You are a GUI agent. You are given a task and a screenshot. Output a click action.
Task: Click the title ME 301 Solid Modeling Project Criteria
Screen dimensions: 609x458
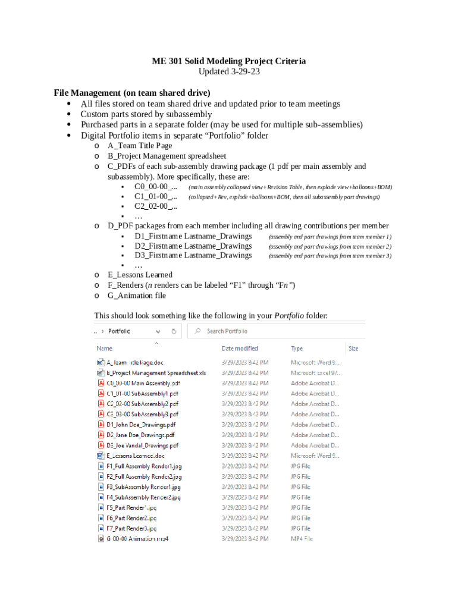coord(229,61)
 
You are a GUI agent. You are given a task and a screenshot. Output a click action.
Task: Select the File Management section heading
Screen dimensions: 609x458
coord(132,93)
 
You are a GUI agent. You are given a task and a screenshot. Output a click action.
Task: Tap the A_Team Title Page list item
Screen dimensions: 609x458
coord(140,145)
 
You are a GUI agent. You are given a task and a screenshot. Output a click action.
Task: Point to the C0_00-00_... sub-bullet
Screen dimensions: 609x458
coord(155,187)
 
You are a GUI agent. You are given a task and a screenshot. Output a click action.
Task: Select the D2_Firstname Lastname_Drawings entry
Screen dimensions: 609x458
coord(193,246)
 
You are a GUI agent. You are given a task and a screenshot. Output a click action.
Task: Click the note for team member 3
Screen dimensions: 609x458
coord(330,256)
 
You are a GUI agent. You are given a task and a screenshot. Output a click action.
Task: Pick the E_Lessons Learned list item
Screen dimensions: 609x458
coord(140,275)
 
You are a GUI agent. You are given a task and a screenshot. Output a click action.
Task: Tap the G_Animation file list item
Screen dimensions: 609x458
coord(137,296)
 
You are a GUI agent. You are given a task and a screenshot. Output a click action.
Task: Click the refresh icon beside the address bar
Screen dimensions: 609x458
coord(174,331)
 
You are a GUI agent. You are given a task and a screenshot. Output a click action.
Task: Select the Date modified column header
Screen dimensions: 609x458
coord(240,349)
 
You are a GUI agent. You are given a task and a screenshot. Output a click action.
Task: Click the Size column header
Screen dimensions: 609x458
coord(353,349)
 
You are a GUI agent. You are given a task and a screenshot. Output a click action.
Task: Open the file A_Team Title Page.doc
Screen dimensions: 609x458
coord(135,362)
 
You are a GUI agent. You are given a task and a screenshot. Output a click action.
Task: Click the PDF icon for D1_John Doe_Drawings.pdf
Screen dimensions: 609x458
coord(100,425)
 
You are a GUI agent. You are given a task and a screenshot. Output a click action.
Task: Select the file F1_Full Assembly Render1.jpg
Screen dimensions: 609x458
coord(144,466)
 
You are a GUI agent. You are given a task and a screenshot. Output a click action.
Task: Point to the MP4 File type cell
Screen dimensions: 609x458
coord(302,539)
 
